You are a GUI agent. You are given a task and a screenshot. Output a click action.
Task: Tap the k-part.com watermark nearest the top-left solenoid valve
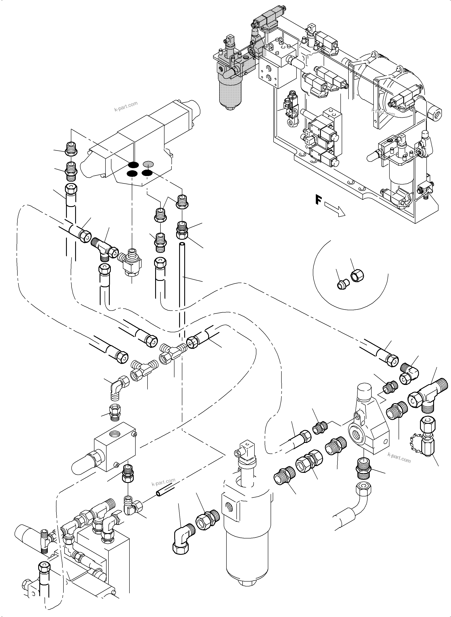126,107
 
